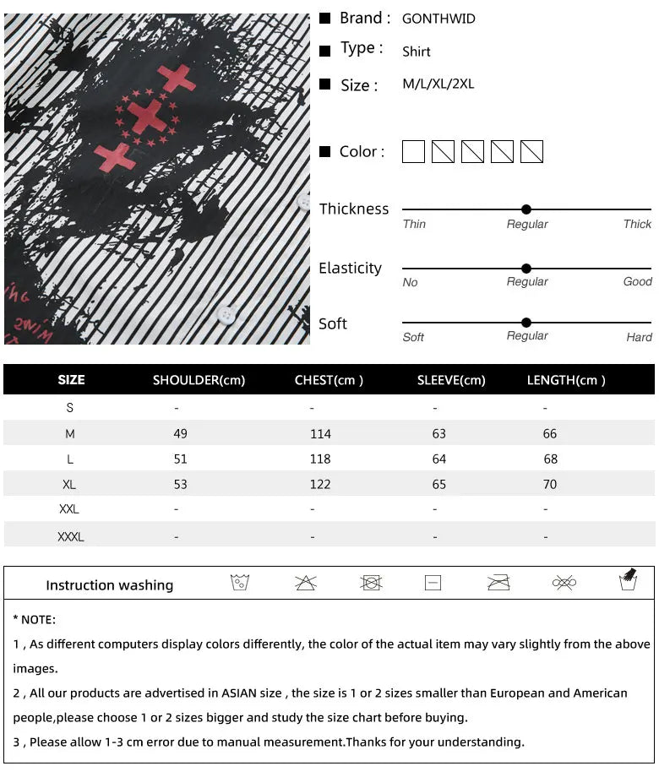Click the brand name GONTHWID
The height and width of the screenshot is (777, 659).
[x=438, y=19]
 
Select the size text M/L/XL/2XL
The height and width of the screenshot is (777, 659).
[x=438, y=84]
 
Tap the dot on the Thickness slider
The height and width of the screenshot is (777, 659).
[x=526, y=209]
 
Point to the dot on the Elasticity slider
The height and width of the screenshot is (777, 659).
[x=526, y=269]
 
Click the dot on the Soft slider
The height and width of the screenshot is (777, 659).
[x=526, y=323]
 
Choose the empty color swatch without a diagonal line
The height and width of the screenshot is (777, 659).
[x=413, y=152]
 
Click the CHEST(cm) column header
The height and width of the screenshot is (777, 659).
[x=329, y=380]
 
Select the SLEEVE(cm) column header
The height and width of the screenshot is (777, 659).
[x=451, y=380]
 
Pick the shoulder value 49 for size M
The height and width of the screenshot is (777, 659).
[x=180, y=434]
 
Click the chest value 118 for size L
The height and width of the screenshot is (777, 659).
[x=320, y=459]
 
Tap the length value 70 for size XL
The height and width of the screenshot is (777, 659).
[x=550, y=485]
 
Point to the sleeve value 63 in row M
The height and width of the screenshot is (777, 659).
[x=438, y=434]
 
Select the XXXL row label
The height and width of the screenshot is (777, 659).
[x=71, y=536]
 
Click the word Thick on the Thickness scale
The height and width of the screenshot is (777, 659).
[x=637, y=225]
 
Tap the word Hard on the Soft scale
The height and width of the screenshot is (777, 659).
[x=639, y=337]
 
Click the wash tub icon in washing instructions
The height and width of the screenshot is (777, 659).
[x=240, y=583]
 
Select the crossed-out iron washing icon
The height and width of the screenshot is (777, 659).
[x=498, y=583]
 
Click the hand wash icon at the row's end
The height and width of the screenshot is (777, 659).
[x=628, y=580]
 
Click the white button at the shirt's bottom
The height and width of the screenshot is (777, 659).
[x=226, y=315]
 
